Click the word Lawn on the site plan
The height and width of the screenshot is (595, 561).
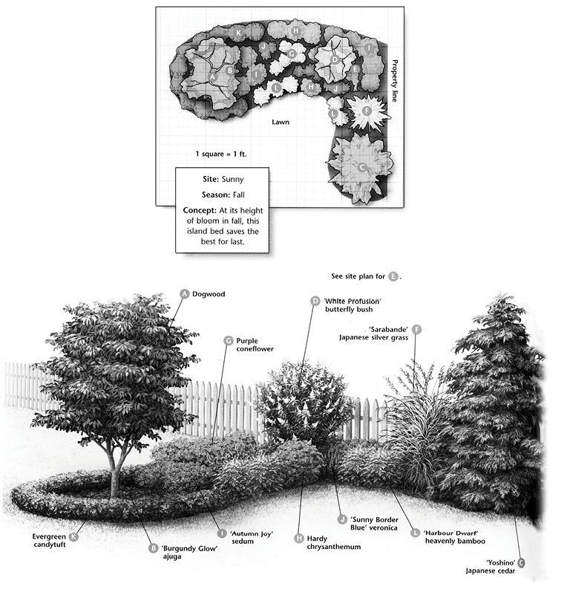280,122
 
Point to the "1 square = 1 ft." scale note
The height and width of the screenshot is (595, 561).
220,154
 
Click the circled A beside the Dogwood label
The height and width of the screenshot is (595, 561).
185,293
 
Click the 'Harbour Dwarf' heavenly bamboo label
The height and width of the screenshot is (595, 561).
454,537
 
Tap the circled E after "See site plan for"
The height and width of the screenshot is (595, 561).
393,276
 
